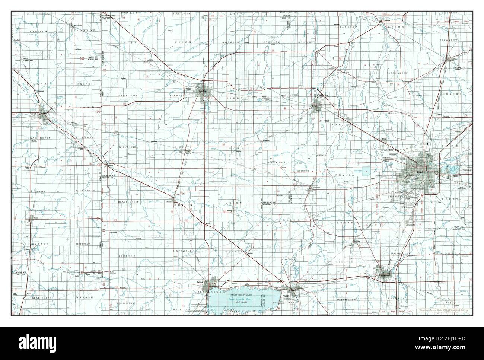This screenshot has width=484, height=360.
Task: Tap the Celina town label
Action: coord(200,283)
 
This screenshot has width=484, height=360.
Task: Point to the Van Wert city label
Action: coord(203,91)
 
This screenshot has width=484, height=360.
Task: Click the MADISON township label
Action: coord(38,32)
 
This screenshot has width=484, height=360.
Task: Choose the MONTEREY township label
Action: coord(306,43)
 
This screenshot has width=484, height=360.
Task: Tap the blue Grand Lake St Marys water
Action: coord(242,298)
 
